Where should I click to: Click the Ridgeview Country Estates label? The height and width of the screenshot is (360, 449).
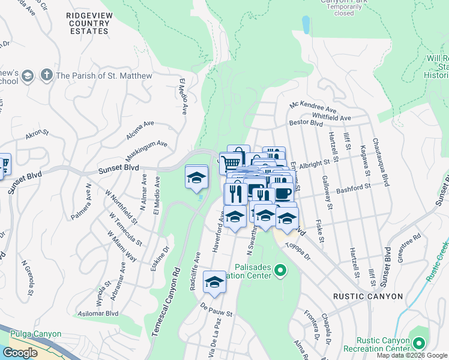tap(88, 23)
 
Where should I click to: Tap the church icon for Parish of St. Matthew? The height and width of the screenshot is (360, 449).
tap(46, 76)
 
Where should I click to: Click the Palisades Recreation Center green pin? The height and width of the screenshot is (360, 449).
tap(279, 271)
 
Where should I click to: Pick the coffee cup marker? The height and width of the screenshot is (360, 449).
tap(283, 193)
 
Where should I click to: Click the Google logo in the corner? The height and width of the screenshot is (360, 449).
tap(20, 353)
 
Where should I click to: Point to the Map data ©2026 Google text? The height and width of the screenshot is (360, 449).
tap(411, 355)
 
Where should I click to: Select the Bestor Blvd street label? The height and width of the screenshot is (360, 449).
tap(306, 123)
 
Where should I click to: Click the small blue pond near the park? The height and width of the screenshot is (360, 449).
tap(306, 25)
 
